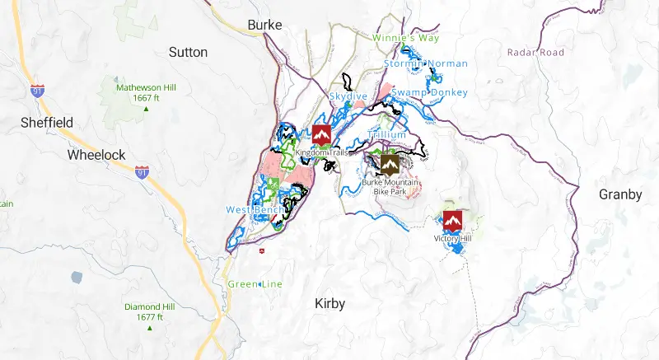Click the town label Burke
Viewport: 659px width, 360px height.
(265, 26)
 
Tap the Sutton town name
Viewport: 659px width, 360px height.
(188, 52)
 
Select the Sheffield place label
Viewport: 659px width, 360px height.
(47, 123)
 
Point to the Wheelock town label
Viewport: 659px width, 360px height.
(96, 155)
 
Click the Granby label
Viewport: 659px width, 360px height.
(620, 194)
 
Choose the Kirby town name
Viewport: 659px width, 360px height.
(330, 304)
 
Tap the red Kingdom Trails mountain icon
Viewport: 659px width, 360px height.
(321, 134)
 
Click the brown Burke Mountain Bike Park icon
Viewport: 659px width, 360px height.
(389, 165)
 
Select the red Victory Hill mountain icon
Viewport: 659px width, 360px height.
(452, 220)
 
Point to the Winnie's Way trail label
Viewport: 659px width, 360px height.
(405, 38)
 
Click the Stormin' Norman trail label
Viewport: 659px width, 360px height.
(426, 63)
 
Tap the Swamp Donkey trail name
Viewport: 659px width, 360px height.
(429, 92)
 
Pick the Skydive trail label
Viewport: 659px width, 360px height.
(348, 96)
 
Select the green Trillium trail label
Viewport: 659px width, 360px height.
(387, 134)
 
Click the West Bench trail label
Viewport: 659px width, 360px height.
(255, 209)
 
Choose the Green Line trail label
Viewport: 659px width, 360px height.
(255, 284)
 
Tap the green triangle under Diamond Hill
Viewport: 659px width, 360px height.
(149, 328)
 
